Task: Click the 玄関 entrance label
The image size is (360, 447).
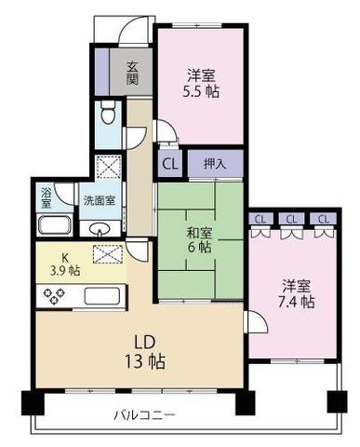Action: [133, 72]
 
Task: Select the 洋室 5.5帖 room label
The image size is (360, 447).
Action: [199, 84]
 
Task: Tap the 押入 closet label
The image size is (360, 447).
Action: [213, 164]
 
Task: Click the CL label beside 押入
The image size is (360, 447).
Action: [169, 164]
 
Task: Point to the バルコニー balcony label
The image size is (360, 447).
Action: [144, 413]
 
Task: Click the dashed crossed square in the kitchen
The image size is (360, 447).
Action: [107, 252]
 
